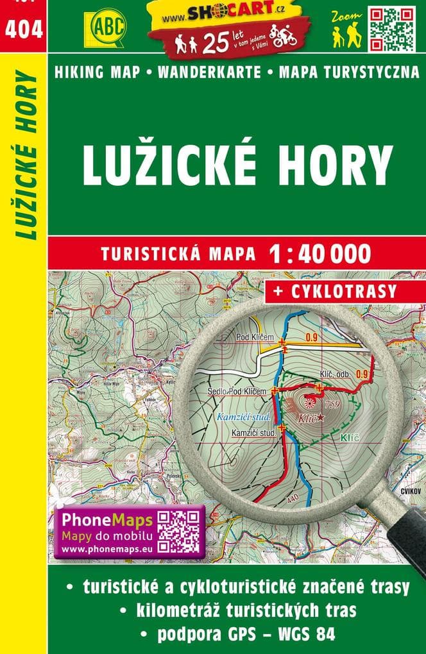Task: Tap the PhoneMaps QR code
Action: (180, 531)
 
